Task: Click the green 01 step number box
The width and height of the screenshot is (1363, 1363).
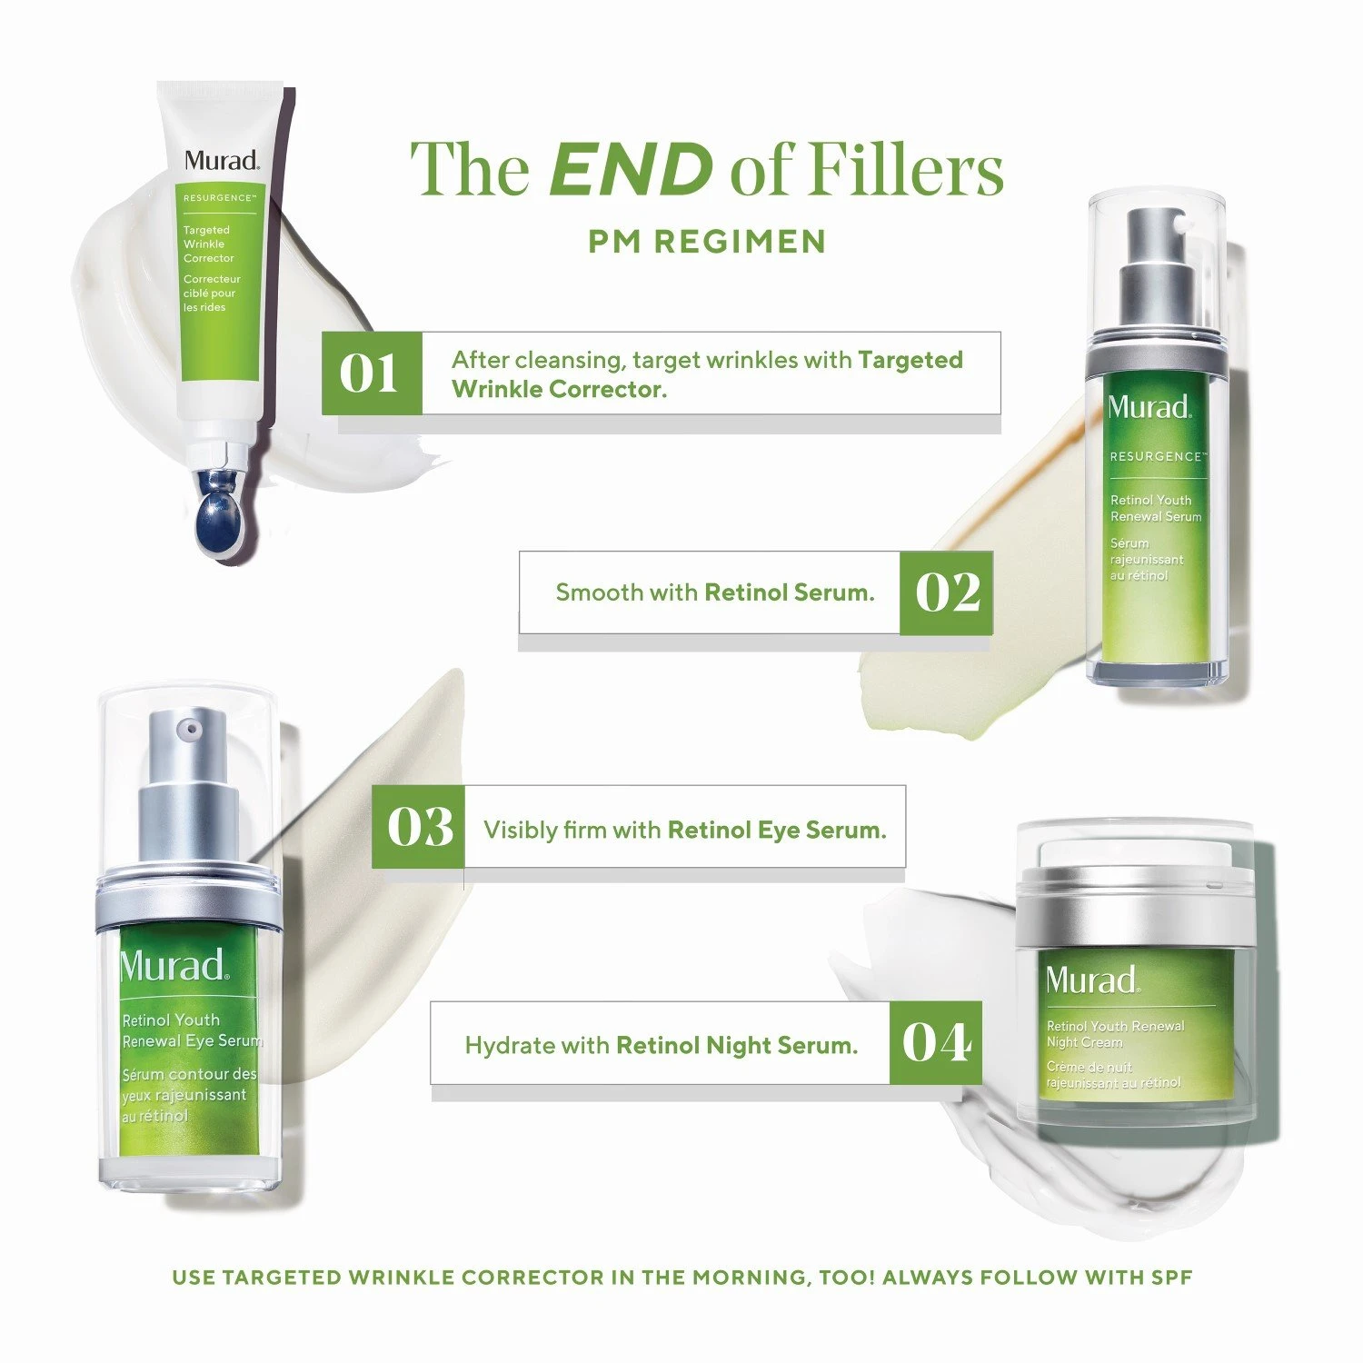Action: click(372, 373)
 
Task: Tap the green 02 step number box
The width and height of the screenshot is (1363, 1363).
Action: click(946, 592)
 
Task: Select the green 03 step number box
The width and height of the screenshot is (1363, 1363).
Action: click(419, 827)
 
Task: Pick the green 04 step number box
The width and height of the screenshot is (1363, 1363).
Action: click(935, 1042)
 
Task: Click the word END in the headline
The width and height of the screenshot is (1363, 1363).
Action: click(632, 169)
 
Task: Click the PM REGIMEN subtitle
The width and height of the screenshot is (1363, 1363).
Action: click(707, 242)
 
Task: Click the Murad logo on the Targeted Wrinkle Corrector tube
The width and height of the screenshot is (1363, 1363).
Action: click(222, 161)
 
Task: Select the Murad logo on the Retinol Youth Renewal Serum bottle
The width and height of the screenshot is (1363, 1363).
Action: click(1149, 406)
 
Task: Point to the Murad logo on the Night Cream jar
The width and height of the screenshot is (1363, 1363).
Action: click(1091, 980)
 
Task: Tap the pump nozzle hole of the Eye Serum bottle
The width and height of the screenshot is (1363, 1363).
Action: click(189, 729)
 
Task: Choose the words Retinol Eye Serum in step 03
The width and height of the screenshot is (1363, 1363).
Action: click(777, 830)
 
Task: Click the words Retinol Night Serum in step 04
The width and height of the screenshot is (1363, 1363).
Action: click(737, 1046)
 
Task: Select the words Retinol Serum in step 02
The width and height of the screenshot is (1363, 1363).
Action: click(790, 592)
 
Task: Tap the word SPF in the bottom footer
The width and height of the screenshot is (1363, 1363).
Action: click(1172, 1278)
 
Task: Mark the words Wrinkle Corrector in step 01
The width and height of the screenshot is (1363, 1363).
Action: click(559, 389)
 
